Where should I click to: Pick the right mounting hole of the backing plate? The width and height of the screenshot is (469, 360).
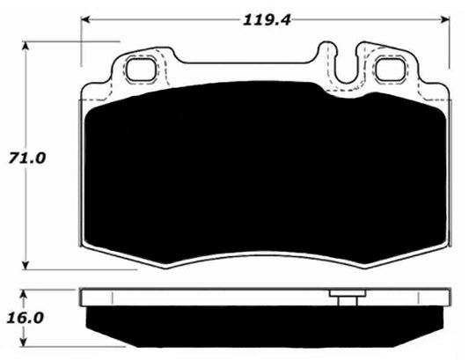pos(388,69)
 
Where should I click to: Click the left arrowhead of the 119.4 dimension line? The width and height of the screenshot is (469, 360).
pos(85,18)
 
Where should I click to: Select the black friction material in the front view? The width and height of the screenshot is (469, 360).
pos(264,167)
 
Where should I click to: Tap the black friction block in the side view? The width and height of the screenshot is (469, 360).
pos(264,322)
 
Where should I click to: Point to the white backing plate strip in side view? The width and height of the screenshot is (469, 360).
pos(220,297)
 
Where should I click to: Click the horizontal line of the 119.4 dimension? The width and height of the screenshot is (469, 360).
pos(176,18)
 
